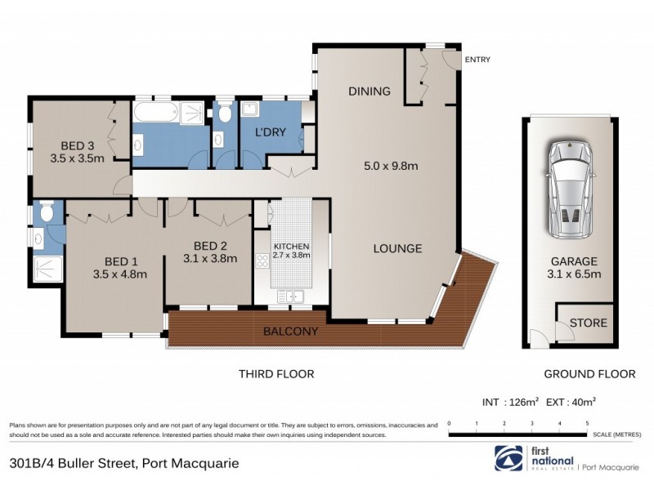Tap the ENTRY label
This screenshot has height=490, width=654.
click(477, 60)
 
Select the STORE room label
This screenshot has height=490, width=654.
click(588, 323)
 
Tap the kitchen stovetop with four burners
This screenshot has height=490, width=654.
click(263, 261)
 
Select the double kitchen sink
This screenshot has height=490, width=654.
click(290, 295)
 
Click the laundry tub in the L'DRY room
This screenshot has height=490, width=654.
click(249, 111)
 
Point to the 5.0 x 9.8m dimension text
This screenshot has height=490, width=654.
click(391, 167)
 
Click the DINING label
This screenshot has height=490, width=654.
click(370, 91)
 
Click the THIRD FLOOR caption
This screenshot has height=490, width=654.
click(276, 374)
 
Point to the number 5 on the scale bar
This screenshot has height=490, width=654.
click(587, 424)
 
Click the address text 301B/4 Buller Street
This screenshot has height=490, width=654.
click(72, 463)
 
